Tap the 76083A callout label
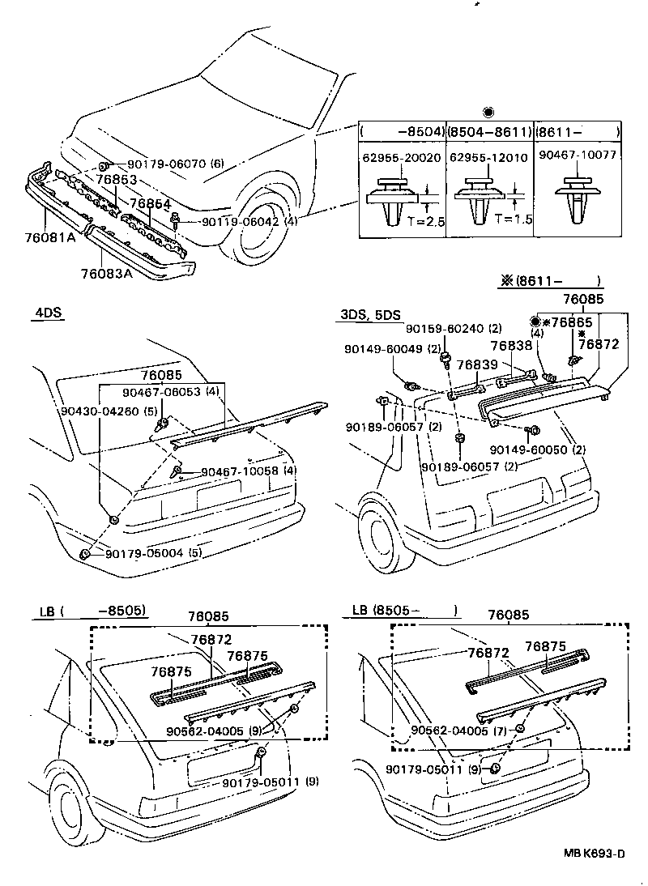(106, 274)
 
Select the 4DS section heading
(49, 313)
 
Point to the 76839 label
(477, 365)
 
